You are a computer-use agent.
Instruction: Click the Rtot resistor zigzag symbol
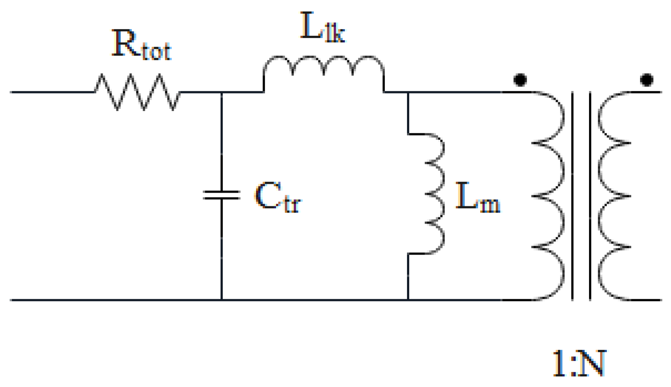pyautogui.click(x=137, y=92)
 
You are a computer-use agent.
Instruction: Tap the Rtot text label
pyautogui.click(x=141, y=45)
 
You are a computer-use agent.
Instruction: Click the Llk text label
pyautogui.click(x=322, y=27)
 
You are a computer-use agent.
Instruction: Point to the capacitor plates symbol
pyautogui.click(x=221, y=195)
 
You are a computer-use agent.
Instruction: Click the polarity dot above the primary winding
pyautogui.click(x=520, y=80)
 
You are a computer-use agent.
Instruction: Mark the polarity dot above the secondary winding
pyautogui.click(x=647, y=80)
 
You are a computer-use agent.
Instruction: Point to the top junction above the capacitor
pyautogui.click(x=221, y=92)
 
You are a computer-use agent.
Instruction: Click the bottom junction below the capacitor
pyautogui.click(x=221, y=300)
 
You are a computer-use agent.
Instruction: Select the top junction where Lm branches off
pyautogui.click(x=408, y=92)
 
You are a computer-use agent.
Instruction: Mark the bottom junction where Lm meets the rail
pyautogui.click(x=408, y=300)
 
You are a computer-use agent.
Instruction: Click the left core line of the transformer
pyautogui.click(x=573, y=195)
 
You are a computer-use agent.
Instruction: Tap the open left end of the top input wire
pyautogui.click(x=12, y=92)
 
